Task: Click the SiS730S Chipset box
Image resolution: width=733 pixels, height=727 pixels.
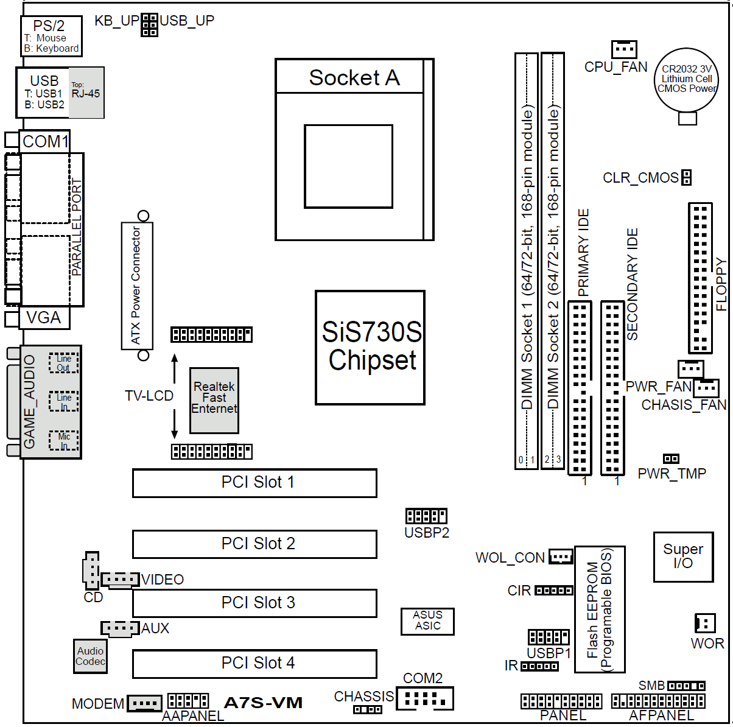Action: coord(370,347)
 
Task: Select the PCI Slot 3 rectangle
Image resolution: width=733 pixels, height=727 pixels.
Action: coord(254,603)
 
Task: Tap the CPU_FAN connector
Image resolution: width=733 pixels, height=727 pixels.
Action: coord(624,49)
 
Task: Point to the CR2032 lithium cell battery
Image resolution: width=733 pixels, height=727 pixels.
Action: coord(687,80)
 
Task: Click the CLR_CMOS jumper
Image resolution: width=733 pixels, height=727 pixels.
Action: coord(687,177)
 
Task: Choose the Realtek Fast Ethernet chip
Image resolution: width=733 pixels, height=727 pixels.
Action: coord(214,400)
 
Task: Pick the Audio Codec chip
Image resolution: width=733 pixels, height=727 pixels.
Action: coord(91,656)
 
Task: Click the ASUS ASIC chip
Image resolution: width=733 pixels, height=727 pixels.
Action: coord(427,620)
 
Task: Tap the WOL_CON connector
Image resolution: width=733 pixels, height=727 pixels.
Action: coord(561,557)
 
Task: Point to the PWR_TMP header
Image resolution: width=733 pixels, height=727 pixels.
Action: coord(671,458)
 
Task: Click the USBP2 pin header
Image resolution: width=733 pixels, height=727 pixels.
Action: coord(426,516)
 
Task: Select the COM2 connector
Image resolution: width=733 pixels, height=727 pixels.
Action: coord(424,698)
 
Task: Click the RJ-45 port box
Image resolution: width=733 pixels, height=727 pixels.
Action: coord(86,93)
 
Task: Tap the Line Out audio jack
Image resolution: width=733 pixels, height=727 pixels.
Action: coord(63,363)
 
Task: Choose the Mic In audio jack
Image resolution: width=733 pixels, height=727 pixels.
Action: coord(63,441)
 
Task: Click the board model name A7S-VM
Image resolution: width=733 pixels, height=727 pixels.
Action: coord(263,703)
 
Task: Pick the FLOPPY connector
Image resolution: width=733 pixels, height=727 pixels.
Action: coord(700,278)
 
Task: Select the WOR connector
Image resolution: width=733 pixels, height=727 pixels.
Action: coord(704,623)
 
